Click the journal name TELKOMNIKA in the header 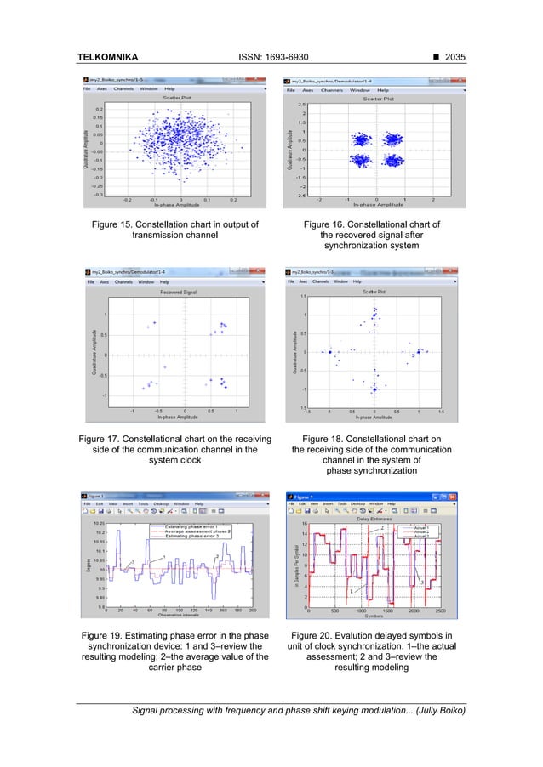pyautogui.click(x=107, y=57)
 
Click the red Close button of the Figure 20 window pyautogui.click(x=460, y=494)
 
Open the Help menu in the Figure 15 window pyautogui.click(x=169, y=88)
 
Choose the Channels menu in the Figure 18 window pyautogui.click(x=322, y=281)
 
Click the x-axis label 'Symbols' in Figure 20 pyautogui.click(x=374, y=616)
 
